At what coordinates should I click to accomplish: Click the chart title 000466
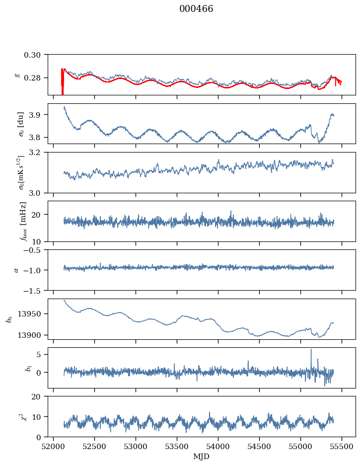(x=196, y=9)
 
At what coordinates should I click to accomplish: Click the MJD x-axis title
(x=202, y=457)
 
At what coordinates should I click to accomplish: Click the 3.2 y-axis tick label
(x=38, y=152)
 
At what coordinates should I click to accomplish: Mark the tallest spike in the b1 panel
(x=311, y=350)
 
